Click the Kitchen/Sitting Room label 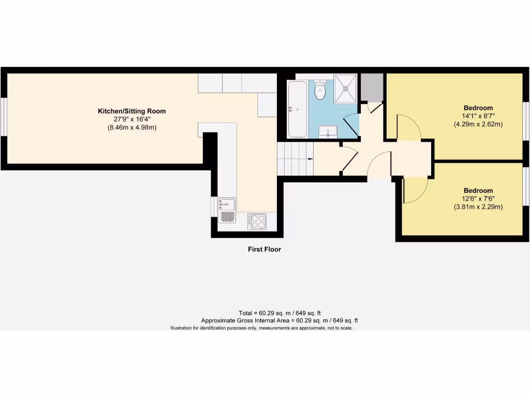[132, 111]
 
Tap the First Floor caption [264, 249]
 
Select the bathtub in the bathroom [297, 109]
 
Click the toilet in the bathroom [320, 92]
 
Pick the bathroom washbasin [328, 132]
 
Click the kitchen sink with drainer [227, 210]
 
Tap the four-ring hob [257, 221]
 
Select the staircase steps [296, 159]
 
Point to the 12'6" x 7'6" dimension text [478, 198]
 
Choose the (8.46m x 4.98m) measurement [132, 127]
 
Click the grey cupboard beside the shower [372, 87]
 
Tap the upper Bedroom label [478, 108]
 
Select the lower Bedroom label [478, 190]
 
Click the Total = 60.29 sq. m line [279, 313]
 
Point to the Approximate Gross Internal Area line [279, 321]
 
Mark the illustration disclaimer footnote [261, 328]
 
